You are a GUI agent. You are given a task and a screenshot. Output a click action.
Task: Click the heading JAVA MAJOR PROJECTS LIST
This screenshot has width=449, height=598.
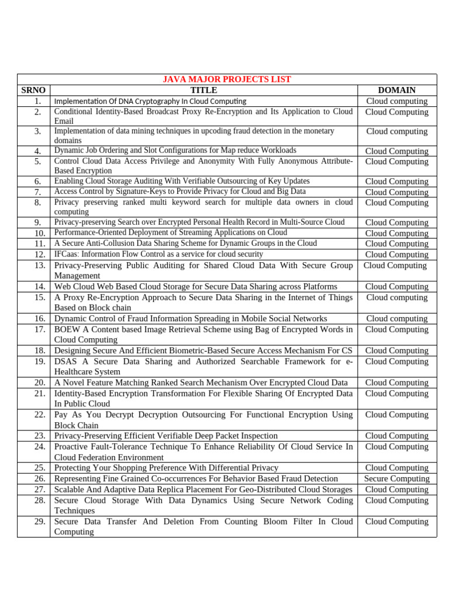point(226,79)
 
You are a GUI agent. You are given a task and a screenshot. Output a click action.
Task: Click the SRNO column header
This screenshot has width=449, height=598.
point(33,90)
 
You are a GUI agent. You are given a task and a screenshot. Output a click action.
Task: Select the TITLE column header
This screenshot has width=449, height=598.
point(203,90)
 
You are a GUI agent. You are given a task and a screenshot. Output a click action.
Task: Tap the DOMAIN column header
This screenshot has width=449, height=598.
point(396,90)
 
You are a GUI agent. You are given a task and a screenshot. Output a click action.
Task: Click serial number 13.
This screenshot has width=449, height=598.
point(40,266)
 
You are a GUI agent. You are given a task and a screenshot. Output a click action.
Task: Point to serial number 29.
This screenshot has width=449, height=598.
point(40,521)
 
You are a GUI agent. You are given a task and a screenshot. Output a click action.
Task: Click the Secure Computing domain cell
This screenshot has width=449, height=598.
point(396,479)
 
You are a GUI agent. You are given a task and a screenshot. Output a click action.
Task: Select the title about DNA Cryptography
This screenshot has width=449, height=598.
point(150,101)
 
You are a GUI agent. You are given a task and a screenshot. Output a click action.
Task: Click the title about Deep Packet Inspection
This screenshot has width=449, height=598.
point(166,436)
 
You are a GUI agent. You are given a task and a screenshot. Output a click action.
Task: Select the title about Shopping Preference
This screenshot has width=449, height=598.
point(166,468)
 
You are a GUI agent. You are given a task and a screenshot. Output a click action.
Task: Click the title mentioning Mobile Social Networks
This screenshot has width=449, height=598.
point(191,319)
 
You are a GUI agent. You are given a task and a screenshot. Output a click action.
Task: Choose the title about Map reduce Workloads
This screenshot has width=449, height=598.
point(175,151)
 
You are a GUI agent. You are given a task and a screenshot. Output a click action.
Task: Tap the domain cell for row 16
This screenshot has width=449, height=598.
point(396,319)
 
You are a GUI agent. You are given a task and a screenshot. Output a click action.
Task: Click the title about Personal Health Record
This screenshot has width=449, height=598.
point(199,222)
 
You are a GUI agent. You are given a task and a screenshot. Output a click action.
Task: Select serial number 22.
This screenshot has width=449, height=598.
point(40,415)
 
